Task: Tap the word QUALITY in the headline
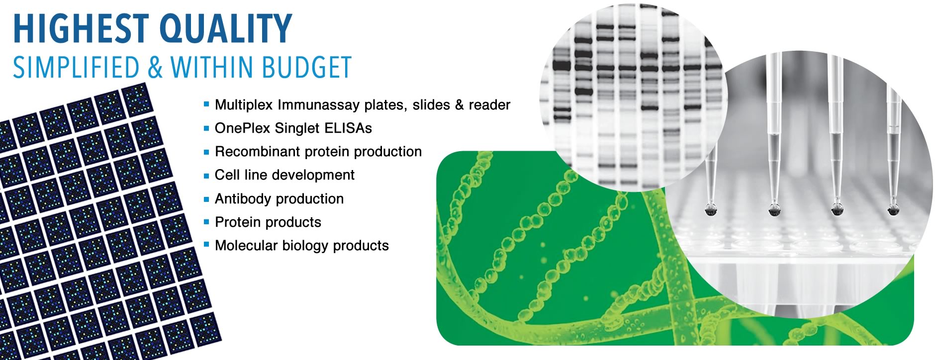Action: [227, 30]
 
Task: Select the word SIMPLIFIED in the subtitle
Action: [76, 67]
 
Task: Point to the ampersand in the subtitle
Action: [155, 67]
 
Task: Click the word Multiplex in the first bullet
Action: [244, 105]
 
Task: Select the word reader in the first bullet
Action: [489, 105]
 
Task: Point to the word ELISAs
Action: [348, 128]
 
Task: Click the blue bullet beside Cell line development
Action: [206, 176]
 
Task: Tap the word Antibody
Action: [244, 199]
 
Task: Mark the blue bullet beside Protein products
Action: [206, 222]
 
